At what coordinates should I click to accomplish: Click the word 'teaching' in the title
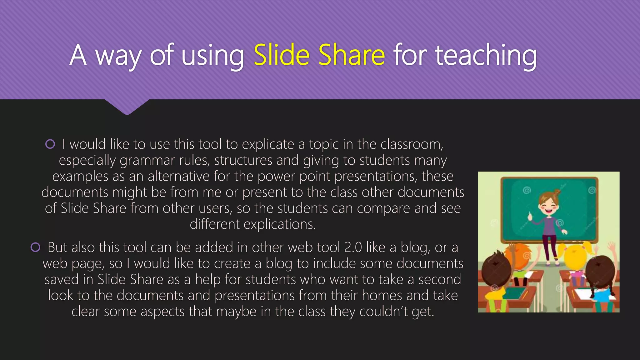coord(486,56)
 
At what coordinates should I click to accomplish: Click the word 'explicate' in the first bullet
coord(268,144)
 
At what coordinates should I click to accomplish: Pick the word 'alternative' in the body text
coord(178,177)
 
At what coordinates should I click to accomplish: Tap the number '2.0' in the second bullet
coord(353,247)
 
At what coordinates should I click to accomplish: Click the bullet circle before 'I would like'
coord(50,144)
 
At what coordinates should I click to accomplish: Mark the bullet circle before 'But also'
coord(36,247)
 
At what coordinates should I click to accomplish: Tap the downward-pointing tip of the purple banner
coord(127,113)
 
